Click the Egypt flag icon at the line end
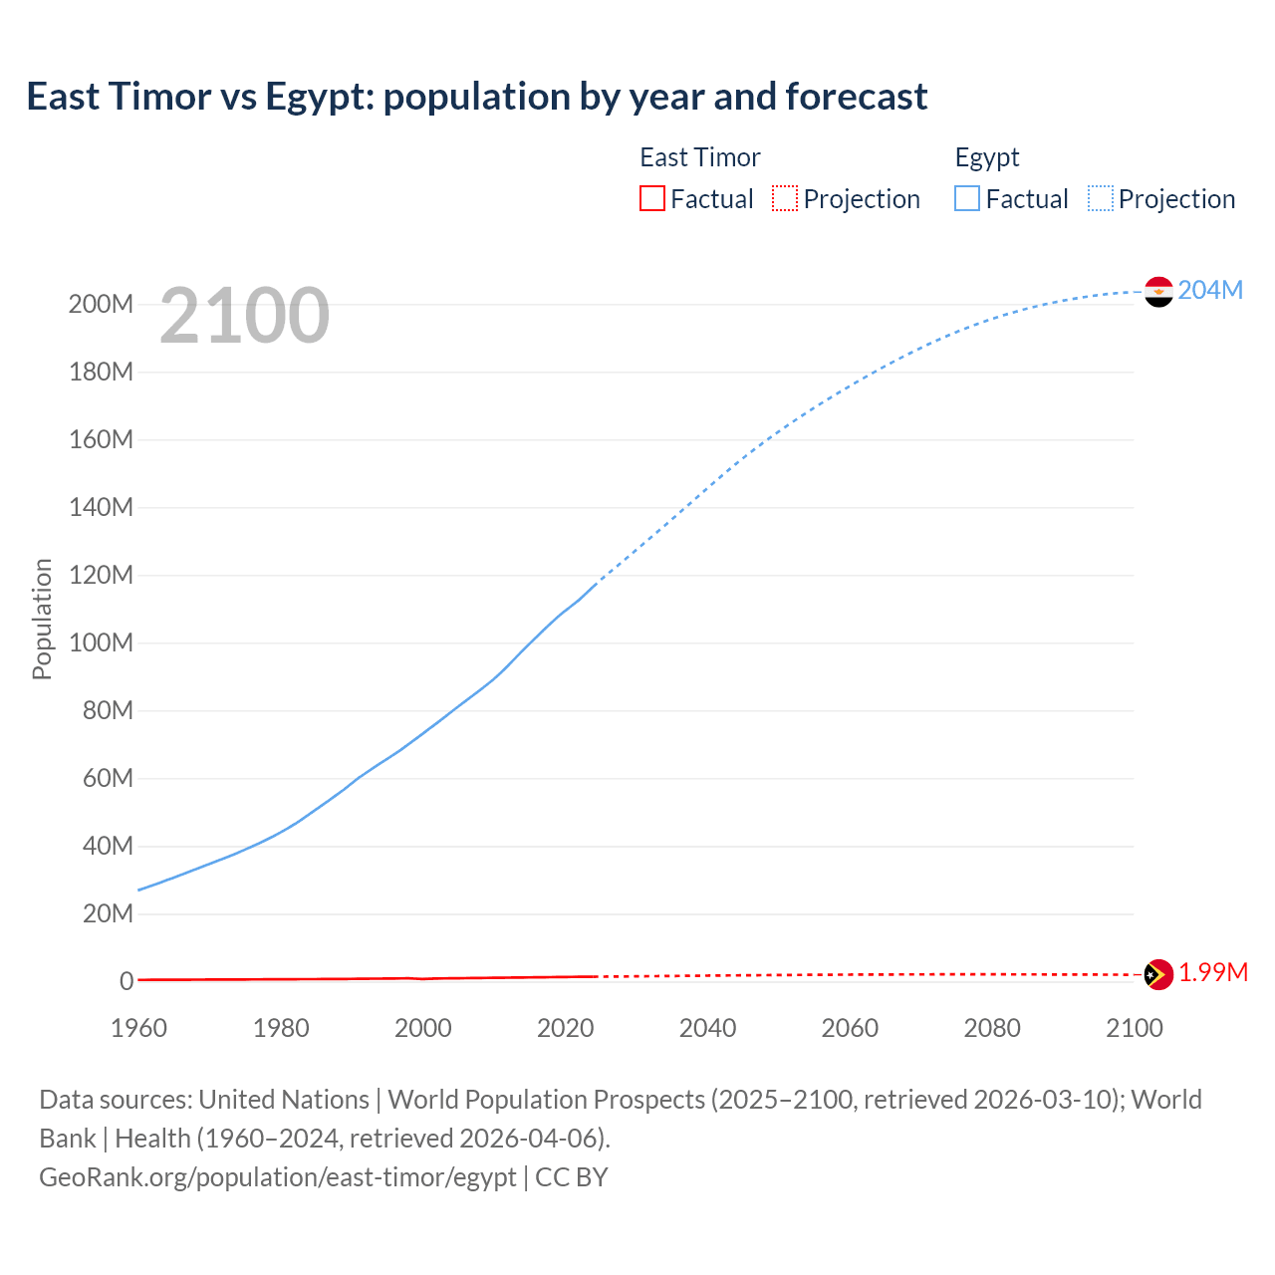1158,291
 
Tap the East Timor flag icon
1158,974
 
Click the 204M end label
1210,290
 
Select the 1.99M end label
1212,973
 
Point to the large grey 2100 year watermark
244,316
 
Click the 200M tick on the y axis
101,305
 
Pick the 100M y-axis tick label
101,643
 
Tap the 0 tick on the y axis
127,982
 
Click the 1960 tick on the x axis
138,1028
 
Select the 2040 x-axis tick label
707,1028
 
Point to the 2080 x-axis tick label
992,1028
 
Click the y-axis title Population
42,619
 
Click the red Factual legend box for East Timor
651,198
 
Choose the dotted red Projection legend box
785,198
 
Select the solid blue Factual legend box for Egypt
967,198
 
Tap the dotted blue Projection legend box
1101,198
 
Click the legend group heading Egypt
987,157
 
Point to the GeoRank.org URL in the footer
277,1177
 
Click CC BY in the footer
571,1177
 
